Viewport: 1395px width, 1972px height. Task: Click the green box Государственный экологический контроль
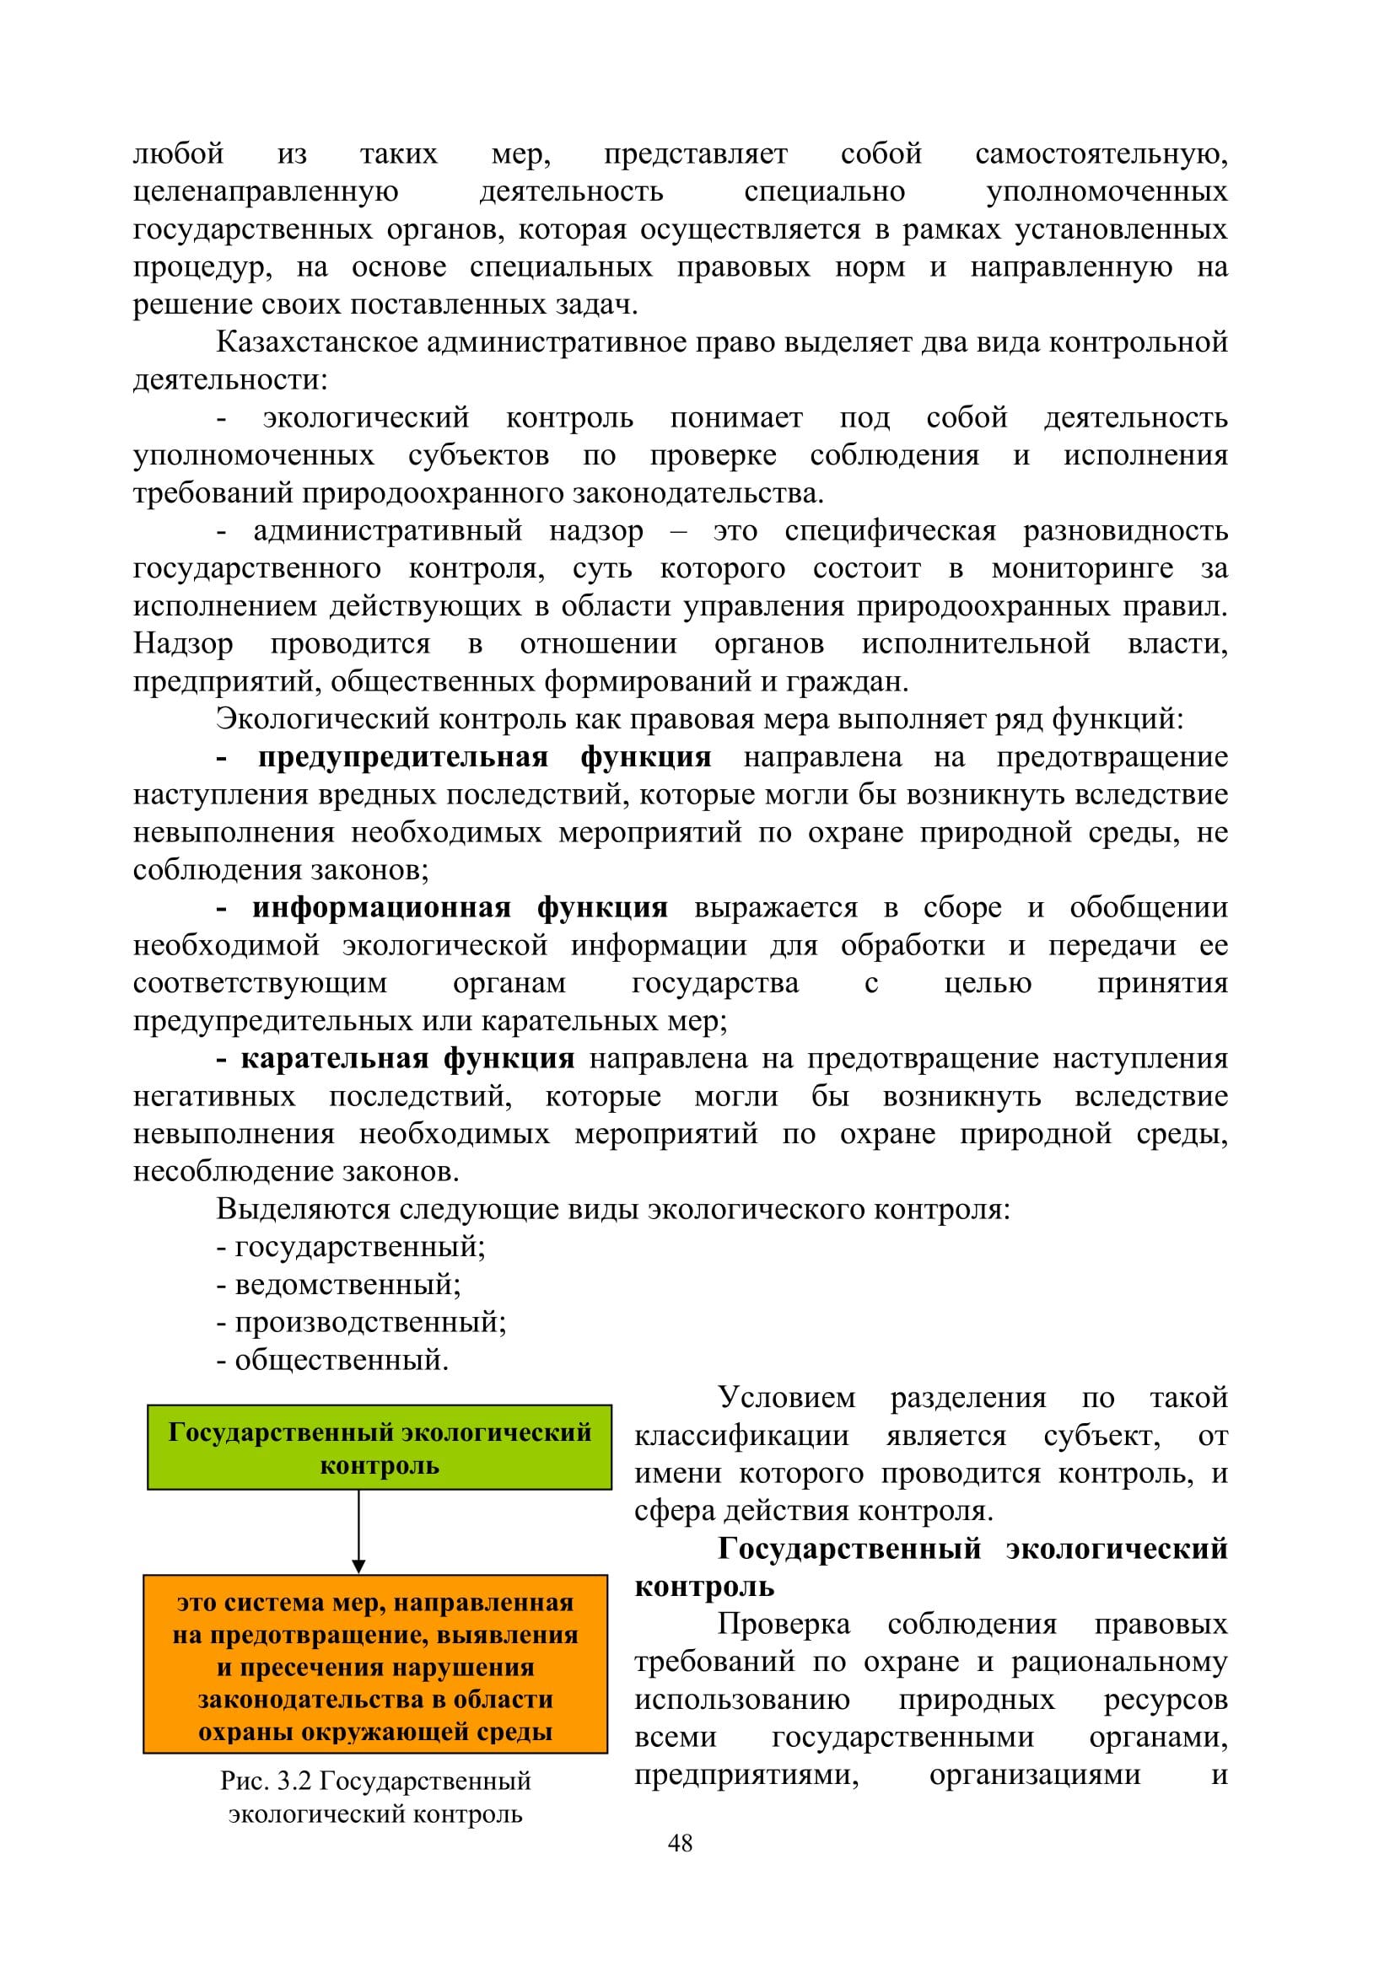pos(379,1448)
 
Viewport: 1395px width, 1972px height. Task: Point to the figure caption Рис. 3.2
pos(375,1797)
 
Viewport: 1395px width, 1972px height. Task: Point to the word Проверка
pos(784,1624)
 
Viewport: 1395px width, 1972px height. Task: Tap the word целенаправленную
pos(266,191)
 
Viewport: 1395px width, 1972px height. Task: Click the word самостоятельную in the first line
pos(1101,153)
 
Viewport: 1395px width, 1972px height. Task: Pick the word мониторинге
pos(1082,568)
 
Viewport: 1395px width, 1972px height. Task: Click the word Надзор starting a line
pos(183,643)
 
